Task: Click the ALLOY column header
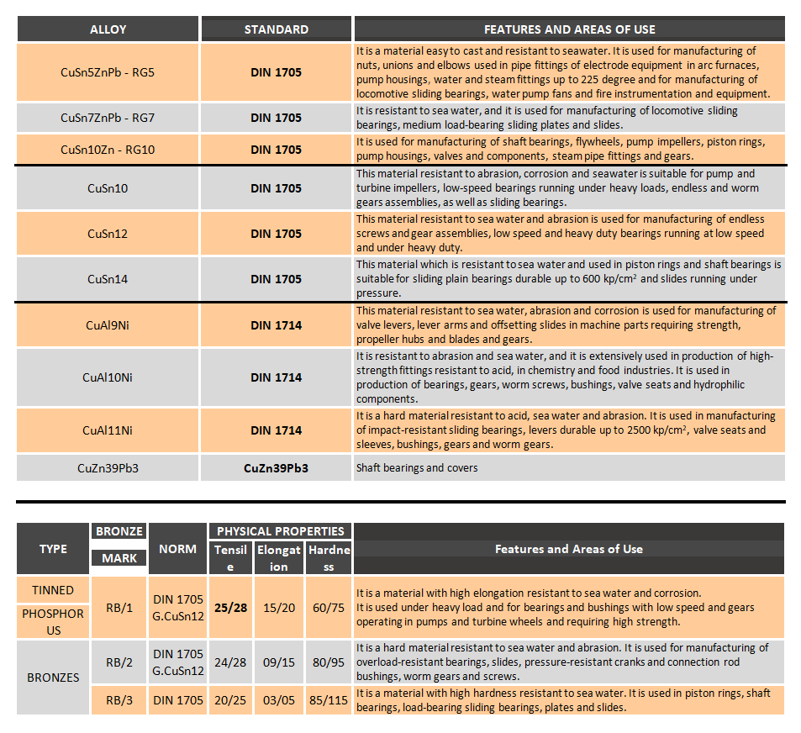(108, 29)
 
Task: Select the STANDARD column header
(276, 29)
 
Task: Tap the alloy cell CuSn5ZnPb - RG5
(108, 72)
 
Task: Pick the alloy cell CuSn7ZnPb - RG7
(108, 118)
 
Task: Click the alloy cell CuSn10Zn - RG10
(108, 150)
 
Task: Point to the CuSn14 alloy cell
(108, 279)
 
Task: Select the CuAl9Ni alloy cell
(108, 325)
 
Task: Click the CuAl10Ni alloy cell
(108, 377)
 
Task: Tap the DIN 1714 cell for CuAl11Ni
(276, 430)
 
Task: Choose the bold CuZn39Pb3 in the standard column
(276, 467)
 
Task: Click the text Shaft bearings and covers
(417, 467)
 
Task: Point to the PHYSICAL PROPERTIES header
(281, 531)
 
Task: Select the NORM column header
(177, 549)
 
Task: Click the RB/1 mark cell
(119, 607)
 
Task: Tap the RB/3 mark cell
(119, 700)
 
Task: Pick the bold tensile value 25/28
(230, 607)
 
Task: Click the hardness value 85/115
(328, 700)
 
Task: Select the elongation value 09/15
(278, 662)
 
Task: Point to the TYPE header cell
(53, 549)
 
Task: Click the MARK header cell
(119, 557)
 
